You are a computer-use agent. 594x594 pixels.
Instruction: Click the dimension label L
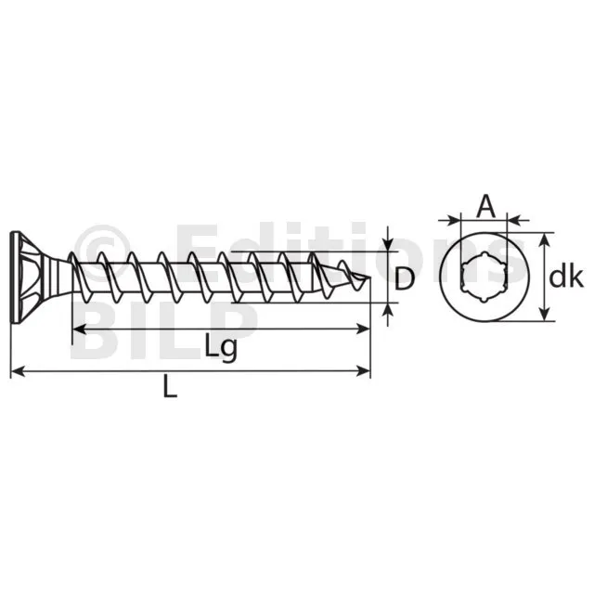[x=170, y=386]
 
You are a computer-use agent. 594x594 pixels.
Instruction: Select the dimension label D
[x=405, y=278]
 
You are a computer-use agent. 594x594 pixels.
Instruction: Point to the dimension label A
[x=485, y=206]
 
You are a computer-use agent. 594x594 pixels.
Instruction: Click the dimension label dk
[x=566, y=278]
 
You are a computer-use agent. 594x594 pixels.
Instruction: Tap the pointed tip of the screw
[x=369, y=278]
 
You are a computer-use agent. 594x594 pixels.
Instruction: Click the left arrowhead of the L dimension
[x=18, y=371]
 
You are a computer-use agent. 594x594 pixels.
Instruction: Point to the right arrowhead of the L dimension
[x=363, y=371]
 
